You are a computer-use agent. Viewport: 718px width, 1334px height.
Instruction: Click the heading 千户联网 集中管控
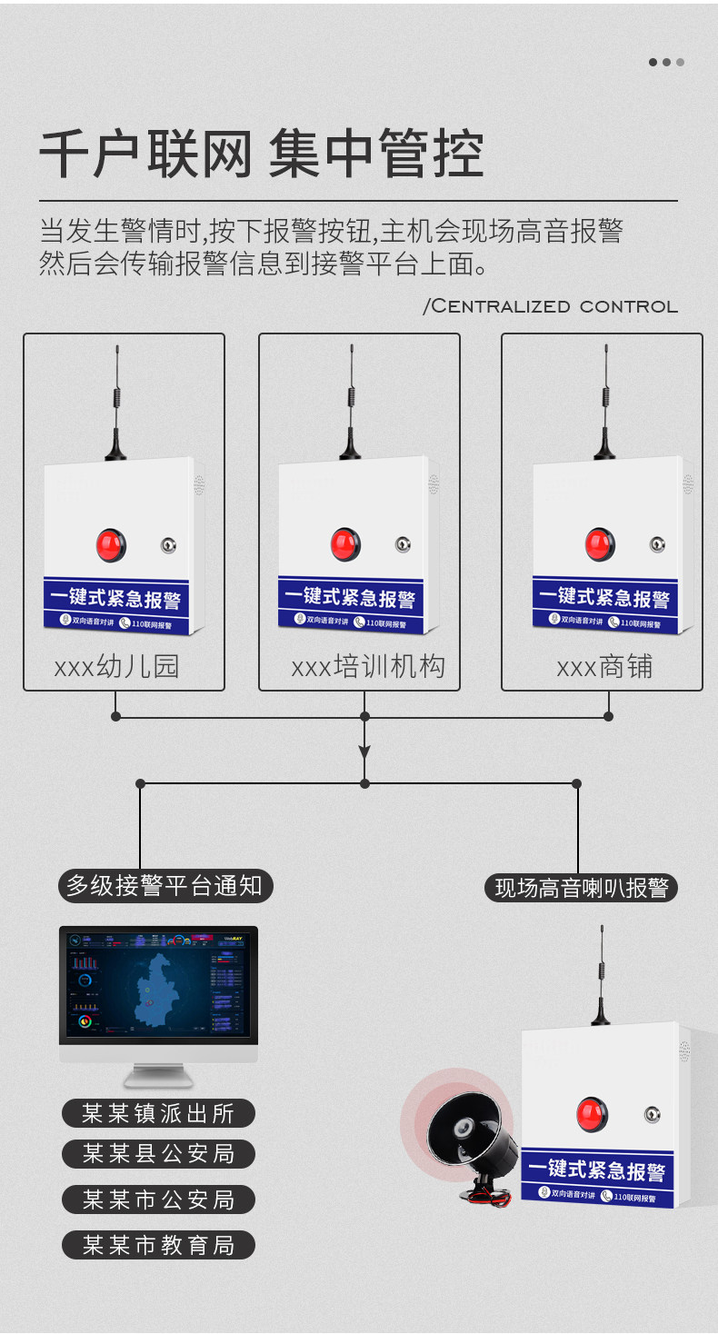261,155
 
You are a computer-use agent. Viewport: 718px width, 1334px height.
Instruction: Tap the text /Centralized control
551,306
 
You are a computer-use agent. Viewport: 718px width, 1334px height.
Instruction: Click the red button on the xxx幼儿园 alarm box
111,545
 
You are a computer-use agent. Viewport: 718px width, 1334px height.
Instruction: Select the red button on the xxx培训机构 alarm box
344,544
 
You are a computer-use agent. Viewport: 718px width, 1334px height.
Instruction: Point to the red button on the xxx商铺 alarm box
599,544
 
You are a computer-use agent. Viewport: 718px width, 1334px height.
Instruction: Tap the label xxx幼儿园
117,667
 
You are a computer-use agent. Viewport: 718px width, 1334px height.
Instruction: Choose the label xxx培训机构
368,667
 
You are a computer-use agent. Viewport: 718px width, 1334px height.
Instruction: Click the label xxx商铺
604,667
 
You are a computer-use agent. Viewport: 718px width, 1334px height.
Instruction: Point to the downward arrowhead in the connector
364,752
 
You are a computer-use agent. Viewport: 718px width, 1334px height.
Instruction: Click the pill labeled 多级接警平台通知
165,885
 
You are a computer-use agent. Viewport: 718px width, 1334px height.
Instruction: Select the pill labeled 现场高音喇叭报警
582,888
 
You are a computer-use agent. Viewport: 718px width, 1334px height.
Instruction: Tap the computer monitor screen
158,983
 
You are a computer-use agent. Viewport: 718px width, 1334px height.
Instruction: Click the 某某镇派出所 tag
158,1113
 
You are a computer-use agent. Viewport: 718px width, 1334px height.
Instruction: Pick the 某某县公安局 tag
158,1154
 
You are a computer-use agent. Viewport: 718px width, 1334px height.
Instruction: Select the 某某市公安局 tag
158,1200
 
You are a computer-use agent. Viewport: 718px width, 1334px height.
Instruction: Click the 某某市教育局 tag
158,1245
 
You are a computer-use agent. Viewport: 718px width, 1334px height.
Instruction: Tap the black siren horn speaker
469,1136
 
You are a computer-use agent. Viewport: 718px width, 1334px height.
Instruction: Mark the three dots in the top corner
666,63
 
